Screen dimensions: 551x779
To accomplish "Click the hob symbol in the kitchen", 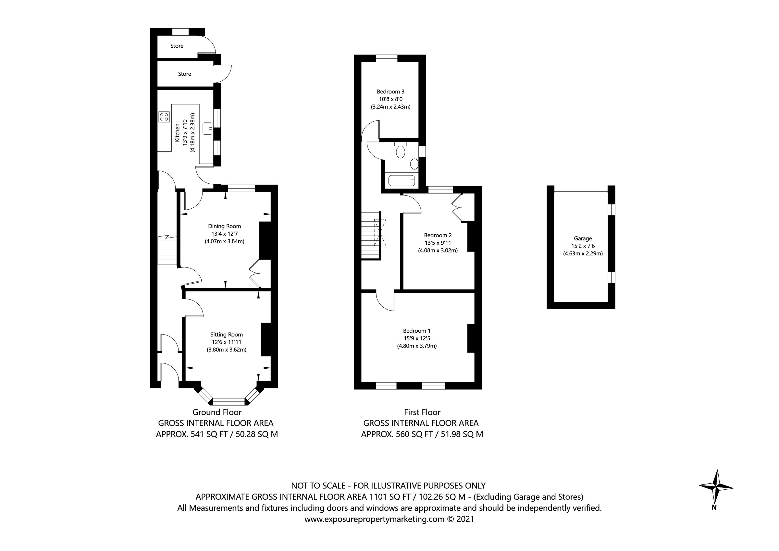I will click(x=164, y=117).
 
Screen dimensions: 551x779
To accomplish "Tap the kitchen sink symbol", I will click(x=207, y=129).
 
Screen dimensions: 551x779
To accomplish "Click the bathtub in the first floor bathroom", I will click(x=402, y=180).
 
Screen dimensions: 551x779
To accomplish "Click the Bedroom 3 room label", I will click(x=390, y=92).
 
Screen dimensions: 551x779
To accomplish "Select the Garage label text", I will click(x=583, y=239).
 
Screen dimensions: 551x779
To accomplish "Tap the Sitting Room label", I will click(x=226, y=335).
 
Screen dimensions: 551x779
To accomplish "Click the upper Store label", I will click(x=177, y=46).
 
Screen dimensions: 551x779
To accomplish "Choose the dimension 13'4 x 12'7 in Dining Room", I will click(x=224, y=234).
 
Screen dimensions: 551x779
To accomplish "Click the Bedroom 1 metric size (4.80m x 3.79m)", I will click(x=417, y=346).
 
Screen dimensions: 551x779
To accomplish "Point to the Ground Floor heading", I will click(x=217, y=412).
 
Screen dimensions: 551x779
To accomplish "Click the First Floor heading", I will click(x=422, y=412).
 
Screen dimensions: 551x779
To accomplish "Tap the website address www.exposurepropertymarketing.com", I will click(x=374, y=519).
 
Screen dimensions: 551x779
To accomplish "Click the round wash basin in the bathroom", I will click(x=414, y=164).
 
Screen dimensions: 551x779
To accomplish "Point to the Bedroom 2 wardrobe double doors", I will click(x=457, y=208).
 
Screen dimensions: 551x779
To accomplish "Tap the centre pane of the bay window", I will click(x=229, y=402).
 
